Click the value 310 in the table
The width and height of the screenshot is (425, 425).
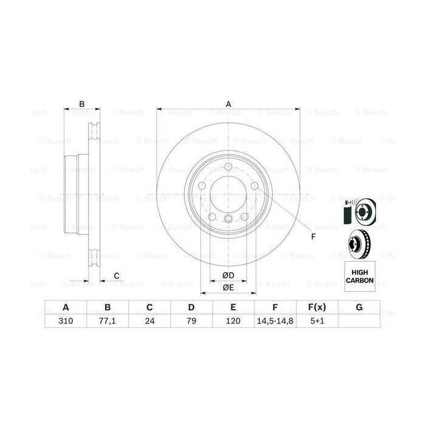click(65, 321)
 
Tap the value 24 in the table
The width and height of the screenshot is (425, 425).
click(149, 321)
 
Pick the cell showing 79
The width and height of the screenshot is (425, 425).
click(191, 321)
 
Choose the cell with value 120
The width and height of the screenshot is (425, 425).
click(233, 321)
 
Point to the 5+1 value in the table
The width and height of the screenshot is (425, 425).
click(316, 321)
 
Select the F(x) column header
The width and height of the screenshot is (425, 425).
click(316, 307)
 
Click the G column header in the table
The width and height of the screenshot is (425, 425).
click(359, 307)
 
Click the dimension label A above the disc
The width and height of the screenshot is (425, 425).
click(229, 104)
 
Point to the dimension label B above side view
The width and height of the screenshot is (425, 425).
click(82, 104)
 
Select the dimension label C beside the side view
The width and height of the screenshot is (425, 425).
click(116, 276)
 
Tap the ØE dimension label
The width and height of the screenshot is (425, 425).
click(228, 287)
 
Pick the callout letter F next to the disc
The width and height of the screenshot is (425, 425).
click(313, 236)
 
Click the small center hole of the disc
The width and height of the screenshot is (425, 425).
click(228, 219)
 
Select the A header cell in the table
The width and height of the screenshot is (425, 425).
click(65, 307)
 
